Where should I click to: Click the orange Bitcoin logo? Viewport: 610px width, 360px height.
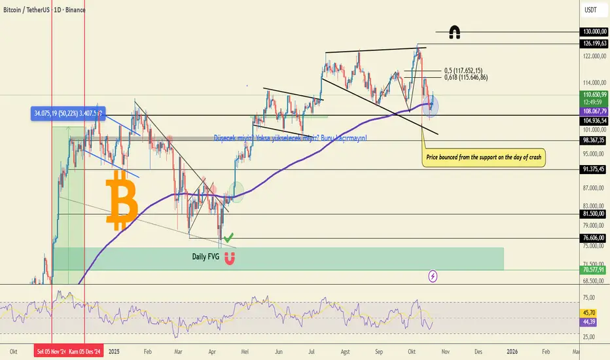point(122,199)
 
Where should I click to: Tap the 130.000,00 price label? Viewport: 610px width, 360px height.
point(594,31)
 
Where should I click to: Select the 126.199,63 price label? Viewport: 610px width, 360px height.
point(594,43)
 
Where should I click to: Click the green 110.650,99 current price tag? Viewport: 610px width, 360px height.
point(594,95)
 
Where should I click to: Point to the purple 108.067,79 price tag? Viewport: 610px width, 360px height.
point(594,111)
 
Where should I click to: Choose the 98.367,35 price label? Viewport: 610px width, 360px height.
point(594,140)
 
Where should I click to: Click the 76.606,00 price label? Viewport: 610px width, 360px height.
point(594,238)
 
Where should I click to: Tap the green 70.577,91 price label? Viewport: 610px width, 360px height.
point(594,268)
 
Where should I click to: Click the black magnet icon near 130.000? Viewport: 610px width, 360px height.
point(453,31)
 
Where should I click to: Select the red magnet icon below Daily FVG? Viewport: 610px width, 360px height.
point(230,258)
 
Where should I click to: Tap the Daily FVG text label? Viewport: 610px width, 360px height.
point(205,257)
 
